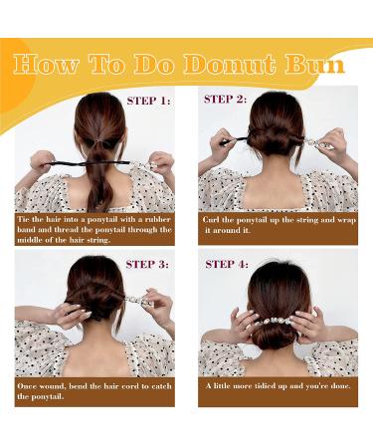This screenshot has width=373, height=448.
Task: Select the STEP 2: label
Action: point(228,99)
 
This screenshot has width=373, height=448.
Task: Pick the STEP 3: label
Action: point(149,263)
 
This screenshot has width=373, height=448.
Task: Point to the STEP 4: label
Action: point(228,263)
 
